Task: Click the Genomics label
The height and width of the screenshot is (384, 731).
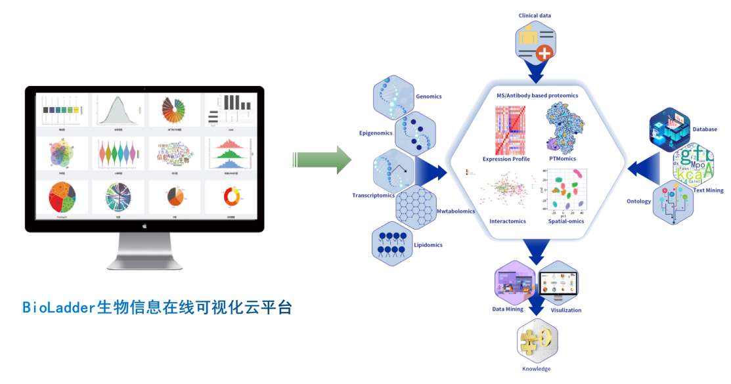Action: [428, 96]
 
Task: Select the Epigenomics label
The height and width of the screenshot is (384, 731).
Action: [376, 133]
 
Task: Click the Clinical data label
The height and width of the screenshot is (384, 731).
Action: [535, 15]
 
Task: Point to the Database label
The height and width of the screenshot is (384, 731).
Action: [704, 129]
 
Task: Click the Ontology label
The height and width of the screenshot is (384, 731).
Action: [638, 202]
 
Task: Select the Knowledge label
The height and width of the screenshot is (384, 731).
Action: [536, 369]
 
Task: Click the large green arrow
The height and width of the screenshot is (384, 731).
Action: [322, 160]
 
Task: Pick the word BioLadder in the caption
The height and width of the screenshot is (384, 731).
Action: [59, 307]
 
